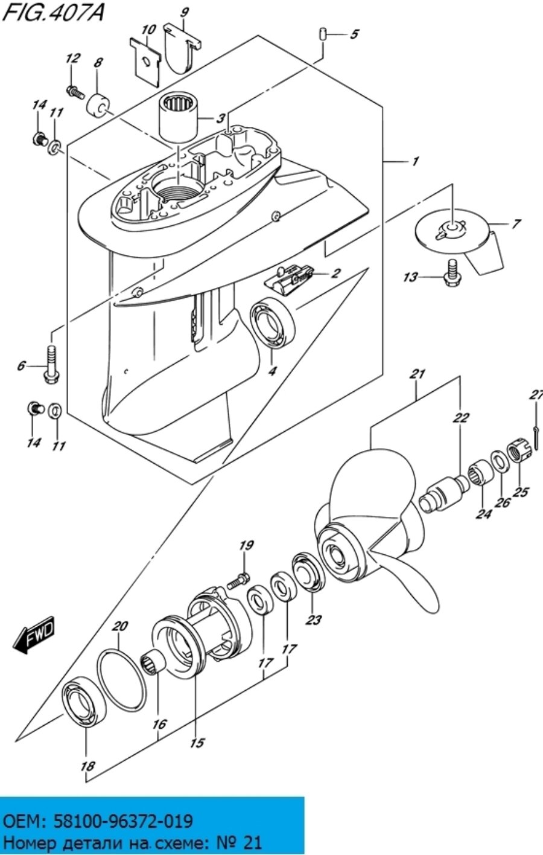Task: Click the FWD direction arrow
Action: point(34,635)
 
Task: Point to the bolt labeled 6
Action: point(50,365)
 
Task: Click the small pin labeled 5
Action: point(323,33)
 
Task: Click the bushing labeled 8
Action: point(99,104)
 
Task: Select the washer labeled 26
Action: point(499,460)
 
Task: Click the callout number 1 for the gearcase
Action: point(415,161)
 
